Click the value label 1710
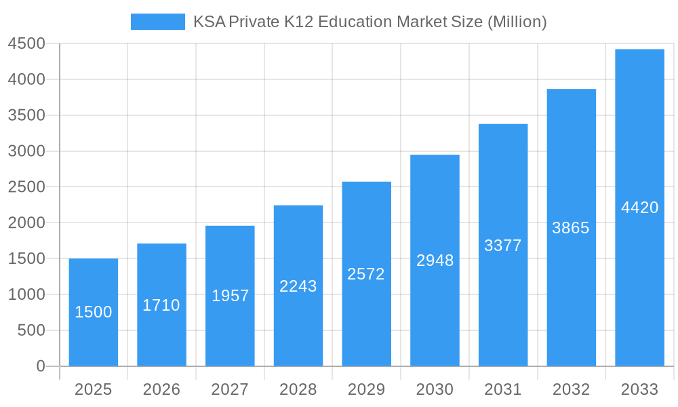point(161,305)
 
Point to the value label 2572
point(366,274)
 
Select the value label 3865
point(571,228)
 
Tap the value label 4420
point(639,208)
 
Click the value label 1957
point(230,296)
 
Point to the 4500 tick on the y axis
point(26,44)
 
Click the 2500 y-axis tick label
point(26,187)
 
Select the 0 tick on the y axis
point(40,366)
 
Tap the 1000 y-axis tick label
point(26,294)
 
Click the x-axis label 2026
point(161,389)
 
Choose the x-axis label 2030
point(435,389)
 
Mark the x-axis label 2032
point(571,389)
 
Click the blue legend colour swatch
point(157,22)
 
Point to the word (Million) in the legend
point(517,22)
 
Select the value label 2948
point(435,260)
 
